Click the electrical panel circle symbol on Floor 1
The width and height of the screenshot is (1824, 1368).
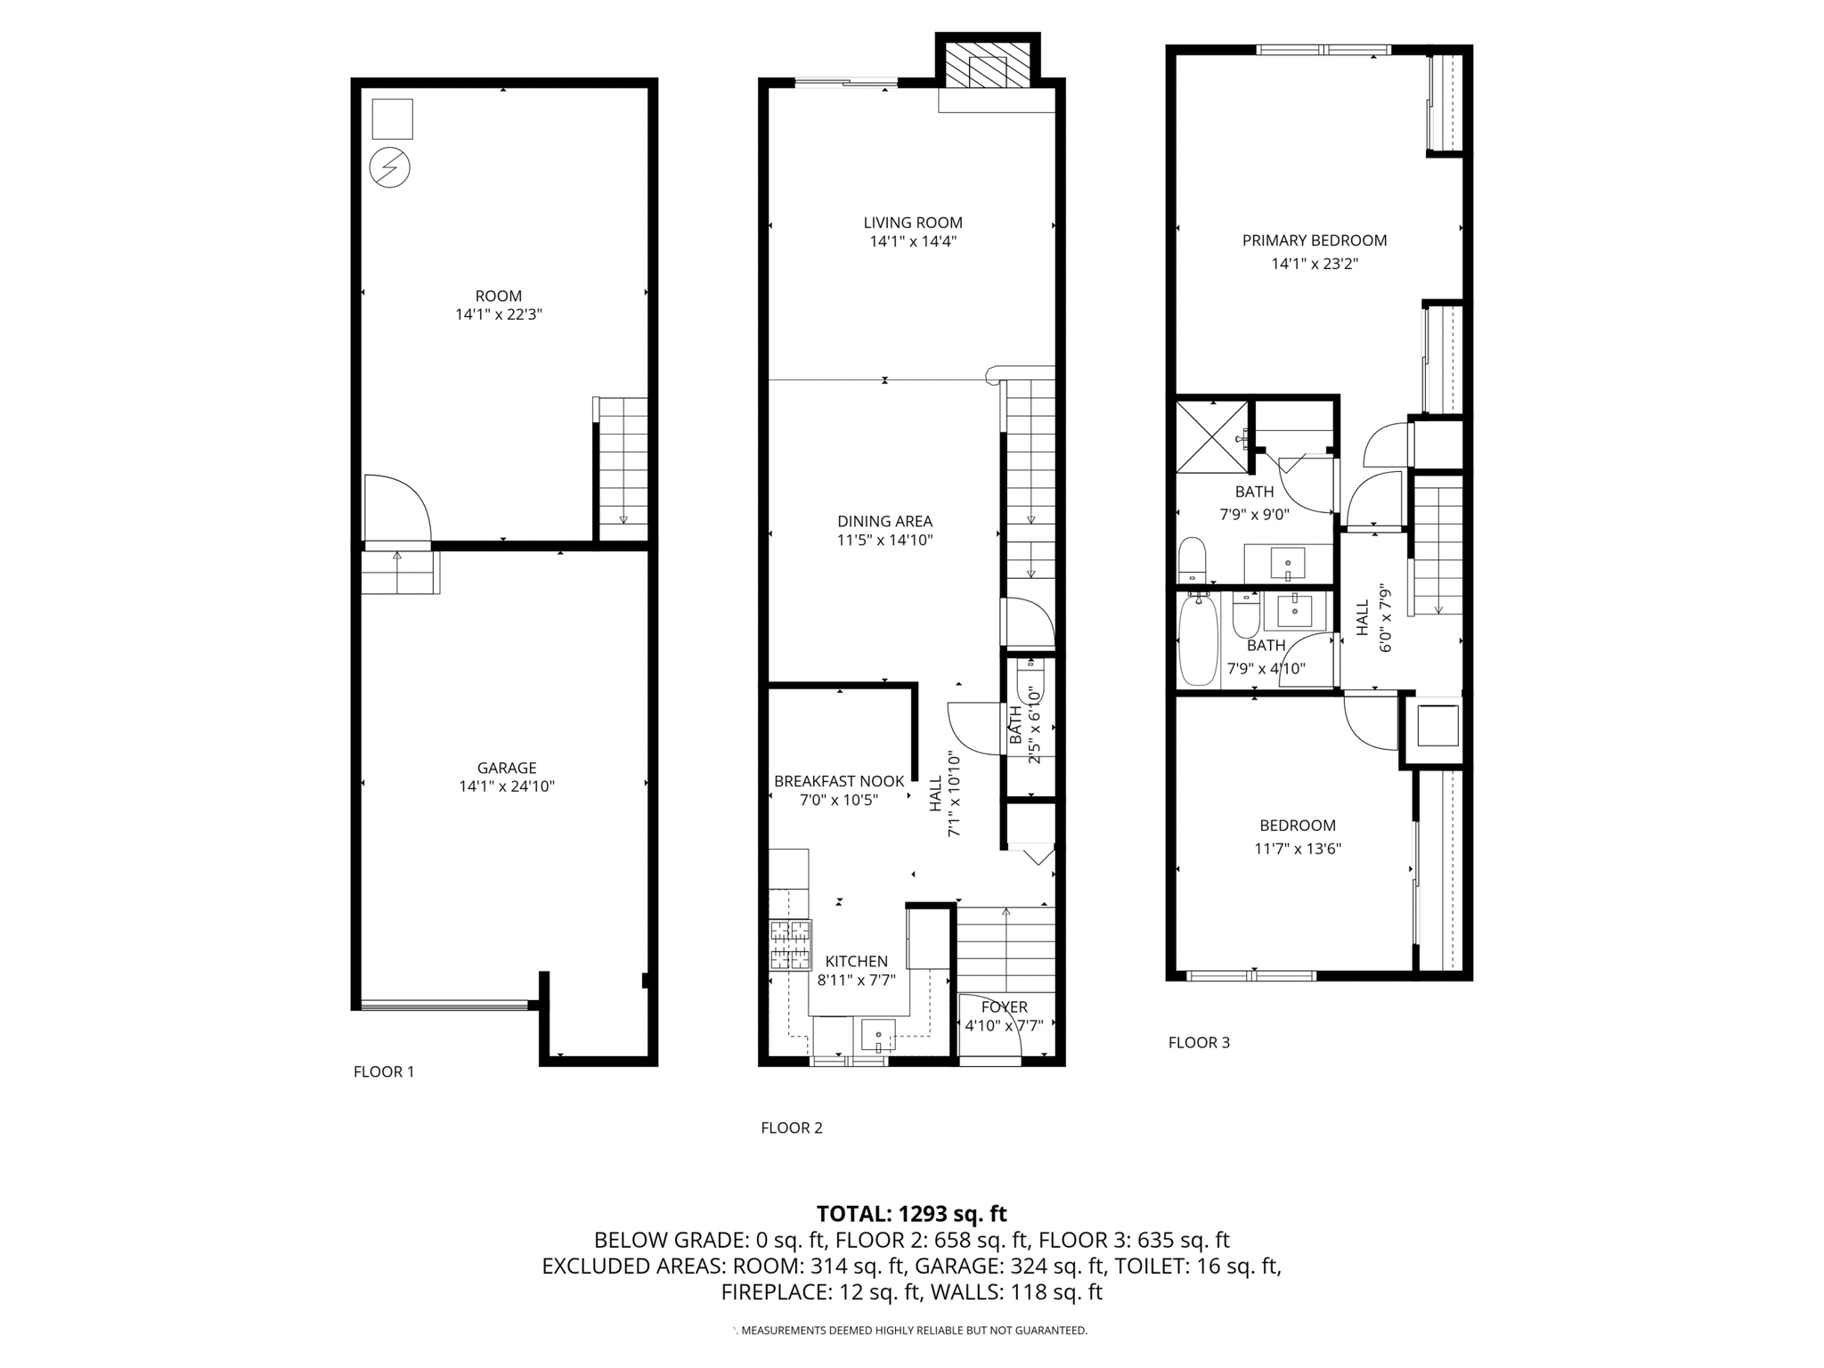coord(390,167)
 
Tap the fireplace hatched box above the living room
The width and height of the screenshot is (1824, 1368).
coord(987,70)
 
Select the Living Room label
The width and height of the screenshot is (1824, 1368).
coord(913,223)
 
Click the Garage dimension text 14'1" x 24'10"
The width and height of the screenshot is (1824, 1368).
coord(507,786)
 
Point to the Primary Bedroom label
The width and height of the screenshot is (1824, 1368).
coord(1315,240)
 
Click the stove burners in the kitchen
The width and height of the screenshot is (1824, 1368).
coord(790,945)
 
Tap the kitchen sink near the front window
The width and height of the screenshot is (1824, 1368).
coord(877,1036)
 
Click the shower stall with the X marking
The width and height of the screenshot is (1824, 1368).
coord(1211,436)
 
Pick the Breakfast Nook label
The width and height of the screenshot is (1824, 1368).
coord(839,781)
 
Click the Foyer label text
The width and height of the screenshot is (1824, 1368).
coord(1005,1007)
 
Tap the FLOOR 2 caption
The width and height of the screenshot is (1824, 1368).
coord(792,1128)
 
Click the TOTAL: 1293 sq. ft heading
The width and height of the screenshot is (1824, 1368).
coord(911,1214)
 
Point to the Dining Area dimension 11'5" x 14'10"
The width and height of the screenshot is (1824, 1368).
coord(884,540)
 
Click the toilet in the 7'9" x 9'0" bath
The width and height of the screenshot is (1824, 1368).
coord(1192,558)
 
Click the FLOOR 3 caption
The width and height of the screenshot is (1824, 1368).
coord(1199,1043)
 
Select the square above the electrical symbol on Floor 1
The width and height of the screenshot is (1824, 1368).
coord(393,118)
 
